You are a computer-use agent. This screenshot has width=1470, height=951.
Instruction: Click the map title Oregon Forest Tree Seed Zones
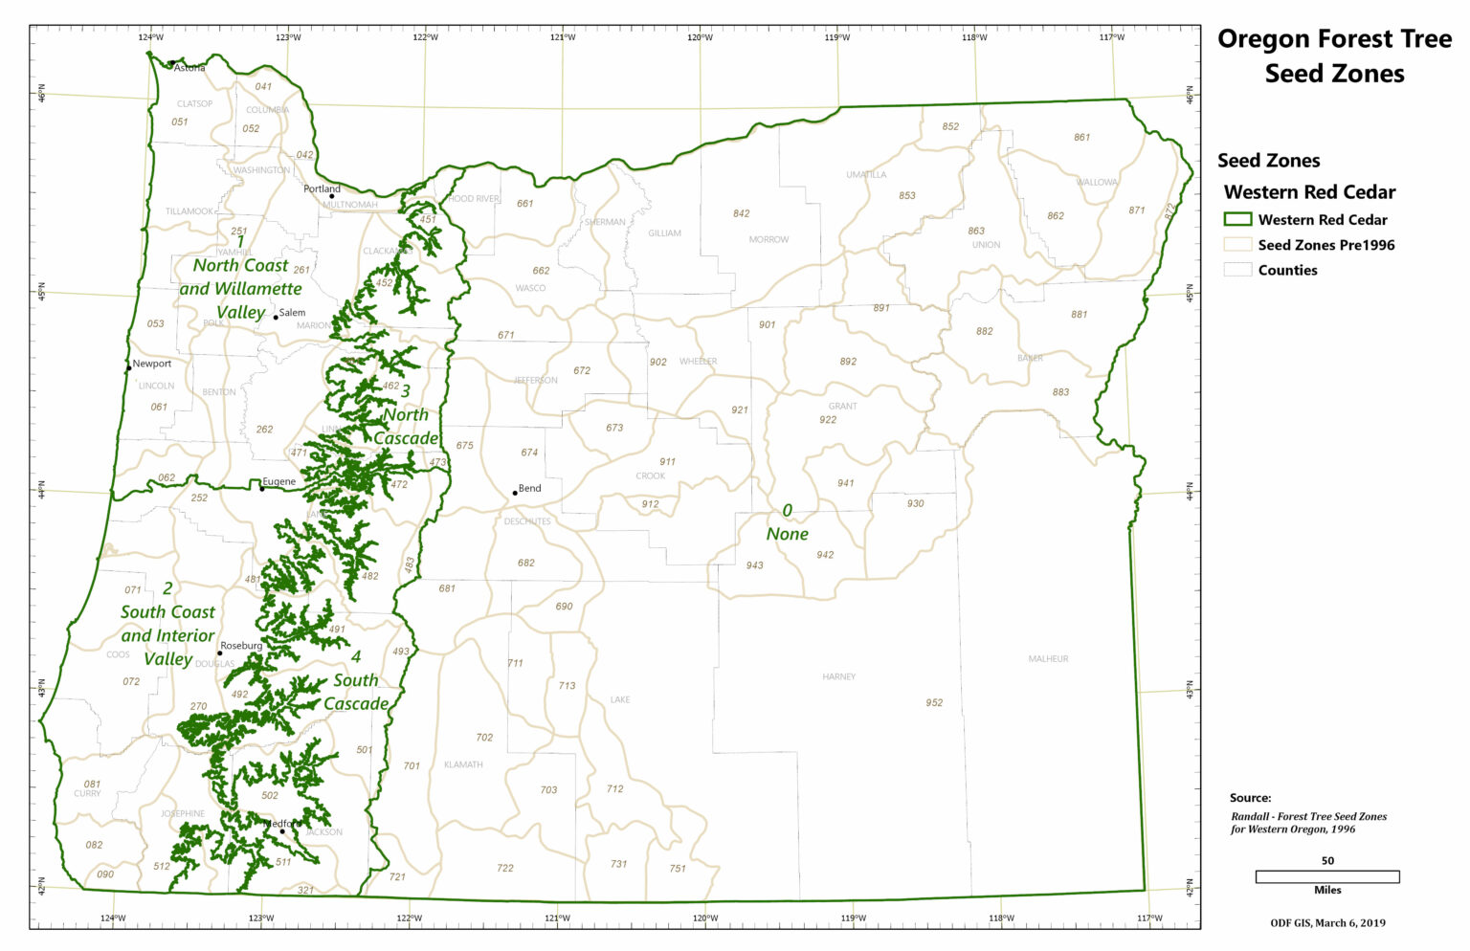click(x=1334, y=55)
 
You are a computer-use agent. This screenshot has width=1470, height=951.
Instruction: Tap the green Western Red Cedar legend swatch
click(x=1237, y=219)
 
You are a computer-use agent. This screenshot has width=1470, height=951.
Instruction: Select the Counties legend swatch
click(x=1237, y=270)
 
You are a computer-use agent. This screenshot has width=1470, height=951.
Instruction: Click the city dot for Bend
click(x=515, y=493)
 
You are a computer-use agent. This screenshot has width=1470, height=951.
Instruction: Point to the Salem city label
click(x=292, y=313)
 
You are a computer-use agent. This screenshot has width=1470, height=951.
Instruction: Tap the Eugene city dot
click(x=262, y=488)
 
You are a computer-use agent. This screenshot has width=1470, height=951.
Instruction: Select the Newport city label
click(x=152, y=364)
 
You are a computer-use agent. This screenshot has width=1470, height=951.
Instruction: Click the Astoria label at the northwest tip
click(x=189, y=68)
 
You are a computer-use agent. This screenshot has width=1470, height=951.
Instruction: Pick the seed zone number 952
click(x=934, y=702)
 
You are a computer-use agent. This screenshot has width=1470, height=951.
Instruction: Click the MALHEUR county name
click(x=1048, y=658)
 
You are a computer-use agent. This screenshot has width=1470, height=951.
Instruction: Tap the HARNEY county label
click(x=838, y=676)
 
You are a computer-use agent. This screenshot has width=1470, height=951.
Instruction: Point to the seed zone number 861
click(x=1081, y=137)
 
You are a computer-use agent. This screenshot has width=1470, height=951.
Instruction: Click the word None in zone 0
click(x=787, y=534)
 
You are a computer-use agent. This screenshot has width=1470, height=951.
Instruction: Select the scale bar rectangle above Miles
click(x=1326, y=876)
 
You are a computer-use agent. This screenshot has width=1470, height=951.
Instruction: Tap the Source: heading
click(x=1250, y=798)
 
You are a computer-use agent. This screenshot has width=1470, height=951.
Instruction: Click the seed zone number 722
click(x=505, y=868)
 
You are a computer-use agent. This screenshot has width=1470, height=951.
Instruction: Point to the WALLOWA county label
click(x=1096, y=182)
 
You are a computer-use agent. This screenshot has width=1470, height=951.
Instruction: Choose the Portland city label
click(x=322, y=188)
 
